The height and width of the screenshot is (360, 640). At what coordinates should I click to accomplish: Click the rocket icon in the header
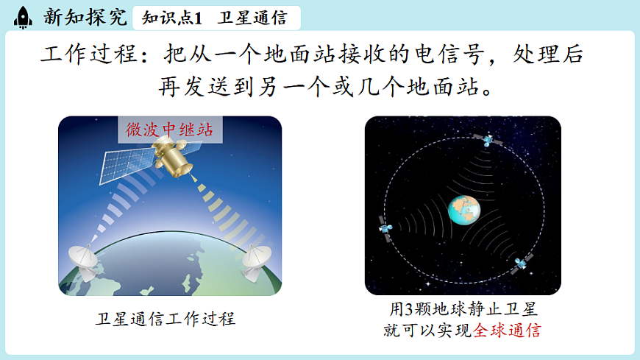24,16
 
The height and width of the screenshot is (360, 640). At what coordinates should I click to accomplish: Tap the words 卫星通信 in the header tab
247,17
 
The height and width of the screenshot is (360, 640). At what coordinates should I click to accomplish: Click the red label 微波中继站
169,130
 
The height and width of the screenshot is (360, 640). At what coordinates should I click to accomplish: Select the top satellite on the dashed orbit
487,140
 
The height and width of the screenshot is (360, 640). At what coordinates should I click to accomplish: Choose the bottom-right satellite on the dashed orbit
522,263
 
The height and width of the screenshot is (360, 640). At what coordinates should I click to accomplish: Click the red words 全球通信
507,330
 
